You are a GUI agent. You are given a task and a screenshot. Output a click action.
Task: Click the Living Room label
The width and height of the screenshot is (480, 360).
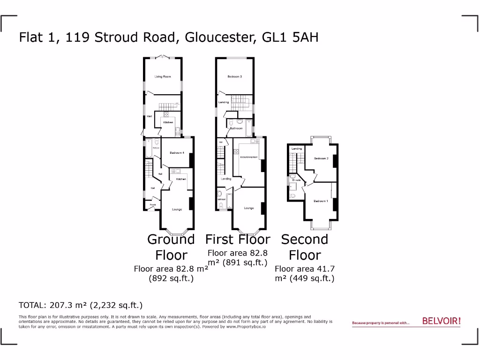(x=163, y=76)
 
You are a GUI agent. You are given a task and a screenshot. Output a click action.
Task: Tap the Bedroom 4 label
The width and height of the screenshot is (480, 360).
(x=177, y=153)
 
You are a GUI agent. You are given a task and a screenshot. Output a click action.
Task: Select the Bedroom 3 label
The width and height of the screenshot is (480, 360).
(x=234, y=76)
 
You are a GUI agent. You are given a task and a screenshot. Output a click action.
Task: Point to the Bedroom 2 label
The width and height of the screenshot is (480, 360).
(x=321, y=158)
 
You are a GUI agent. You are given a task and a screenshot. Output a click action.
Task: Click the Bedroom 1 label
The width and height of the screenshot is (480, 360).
(x=321, y=201)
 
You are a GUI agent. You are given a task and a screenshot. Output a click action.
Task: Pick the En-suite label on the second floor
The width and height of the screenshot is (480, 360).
(x=296, y=180)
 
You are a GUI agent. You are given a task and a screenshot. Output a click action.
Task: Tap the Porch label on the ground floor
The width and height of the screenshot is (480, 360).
(x=153, y=205)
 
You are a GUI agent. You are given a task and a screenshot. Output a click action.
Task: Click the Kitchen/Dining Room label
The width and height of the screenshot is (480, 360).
(x=249, y=157)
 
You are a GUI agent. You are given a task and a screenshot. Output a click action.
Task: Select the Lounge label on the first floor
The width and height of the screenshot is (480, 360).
(x=248, y=208)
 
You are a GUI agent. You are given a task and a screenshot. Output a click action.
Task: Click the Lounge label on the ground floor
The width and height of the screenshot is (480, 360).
(x=177, y=209)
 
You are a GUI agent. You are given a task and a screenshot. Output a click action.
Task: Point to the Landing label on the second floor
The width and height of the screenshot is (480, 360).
(x=297, y=149)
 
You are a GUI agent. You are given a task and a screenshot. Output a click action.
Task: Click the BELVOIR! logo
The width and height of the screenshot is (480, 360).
(x=441, y=321)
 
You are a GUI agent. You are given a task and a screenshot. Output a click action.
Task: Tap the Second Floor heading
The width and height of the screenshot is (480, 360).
(x=305, y=247)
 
